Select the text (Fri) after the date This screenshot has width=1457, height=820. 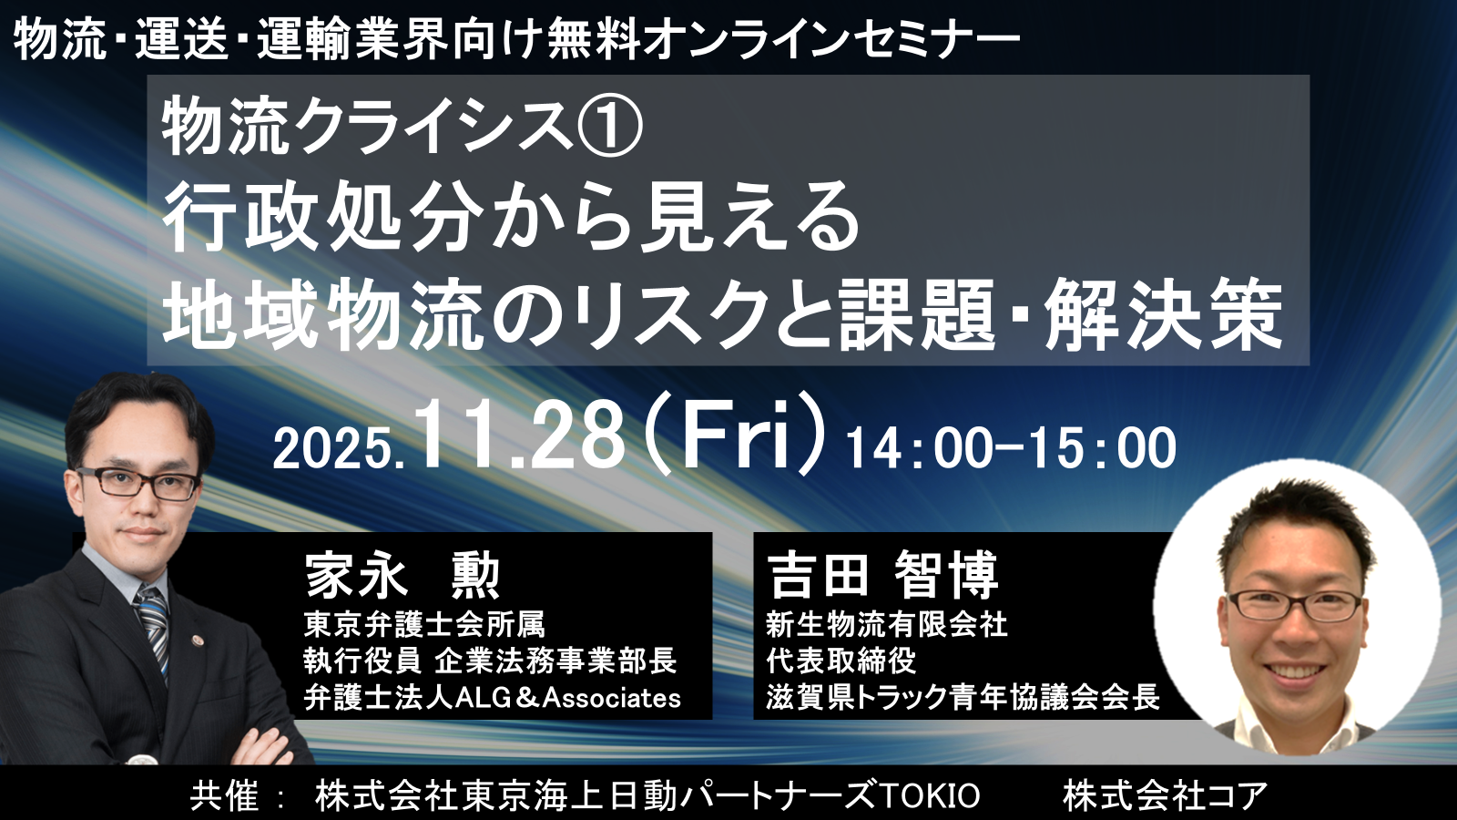739,432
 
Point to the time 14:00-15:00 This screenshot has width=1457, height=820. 1011,448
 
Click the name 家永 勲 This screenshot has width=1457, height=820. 402,575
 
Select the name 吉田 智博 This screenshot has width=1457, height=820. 882,575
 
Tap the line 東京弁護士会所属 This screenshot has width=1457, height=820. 423,624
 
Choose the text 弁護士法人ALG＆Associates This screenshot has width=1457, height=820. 493,698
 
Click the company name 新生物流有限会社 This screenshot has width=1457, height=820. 887,624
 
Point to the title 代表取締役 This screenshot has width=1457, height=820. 841,661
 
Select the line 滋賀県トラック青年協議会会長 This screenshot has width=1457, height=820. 963,698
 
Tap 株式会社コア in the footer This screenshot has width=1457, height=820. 1165,794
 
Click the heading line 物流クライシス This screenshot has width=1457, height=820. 370,127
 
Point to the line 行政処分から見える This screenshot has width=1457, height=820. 511,217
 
